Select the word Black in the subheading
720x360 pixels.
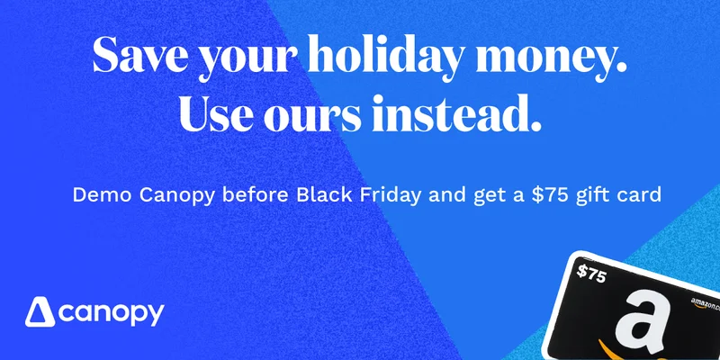(324, 194)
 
